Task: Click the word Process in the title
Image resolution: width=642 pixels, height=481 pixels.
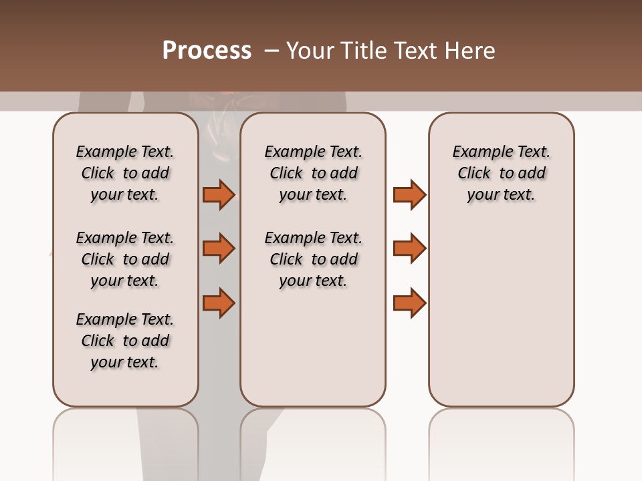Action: coord(207,51)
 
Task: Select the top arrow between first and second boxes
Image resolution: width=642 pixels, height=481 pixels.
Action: coord(219,194)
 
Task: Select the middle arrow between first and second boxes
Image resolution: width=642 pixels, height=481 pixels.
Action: coord(219,249)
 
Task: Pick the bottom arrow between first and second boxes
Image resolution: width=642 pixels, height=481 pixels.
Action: coord(219,303)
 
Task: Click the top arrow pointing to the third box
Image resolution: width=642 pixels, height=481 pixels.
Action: coord(409,194)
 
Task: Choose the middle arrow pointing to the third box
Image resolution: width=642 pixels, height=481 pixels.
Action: coord(409,249)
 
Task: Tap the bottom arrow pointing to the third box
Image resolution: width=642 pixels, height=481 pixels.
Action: coord(409,303)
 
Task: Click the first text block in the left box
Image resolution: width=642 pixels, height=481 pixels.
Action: coord(125,173)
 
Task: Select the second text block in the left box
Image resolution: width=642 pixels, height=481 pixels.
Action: coord(125,259)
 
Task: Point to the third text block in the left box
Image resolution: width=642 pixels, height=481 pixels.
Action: coord(125,341)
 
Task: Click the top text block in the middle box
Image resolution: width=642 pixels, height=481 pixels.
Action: coord(313,173)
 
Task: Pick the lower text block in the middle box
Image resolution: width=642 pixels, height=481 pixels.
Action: coord(313,259)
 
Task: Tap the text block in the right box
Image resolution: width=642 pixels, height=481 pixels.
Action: coord(501,173)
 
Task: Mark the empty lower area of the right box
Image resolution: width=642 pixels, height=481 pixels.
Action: coord(501,314)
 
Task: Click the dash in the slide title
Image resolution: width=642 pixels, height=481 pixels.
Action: coord(272,51)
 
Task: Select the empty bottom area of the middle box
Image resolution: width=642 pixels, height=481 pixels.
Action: coord(313,354)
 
